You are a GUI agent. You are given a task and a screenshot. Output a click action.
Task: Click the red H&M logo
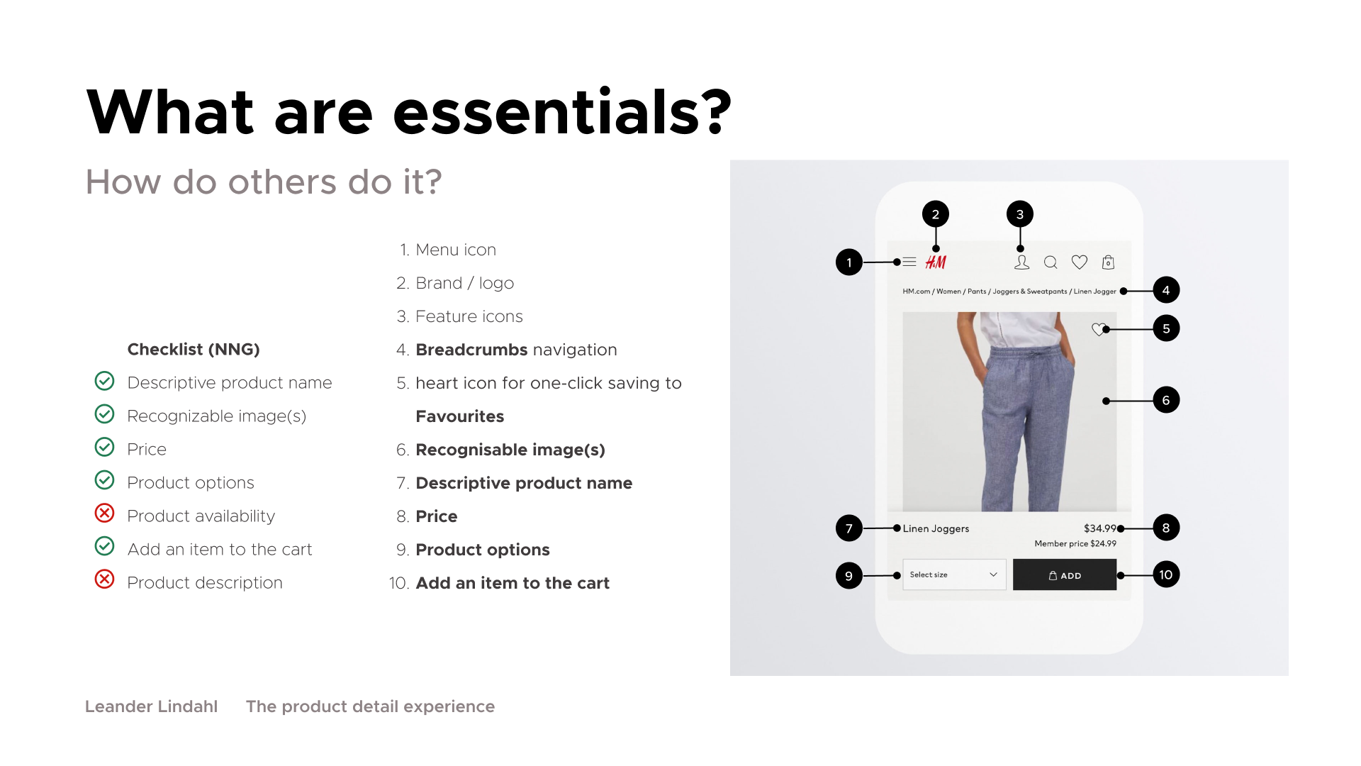pos(936,262)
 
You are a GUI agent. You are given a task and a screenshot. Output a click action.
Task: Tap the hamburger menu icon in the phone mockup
pos(909,262)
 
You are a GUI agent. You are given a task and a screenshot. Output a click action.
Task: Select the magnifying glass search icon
pos(1051,262)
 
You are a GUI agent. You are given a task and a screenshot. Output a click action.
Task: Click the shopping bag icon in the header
pos(1108,262)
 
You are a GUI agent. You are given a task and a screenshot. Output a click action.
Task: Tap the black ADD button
pos(1065,574)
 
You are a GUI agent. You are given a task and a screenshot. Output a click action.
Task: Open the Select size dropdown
pos(954,574)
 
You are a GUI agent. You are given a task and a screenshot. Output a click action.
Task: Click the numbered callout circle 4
pos(1166,290)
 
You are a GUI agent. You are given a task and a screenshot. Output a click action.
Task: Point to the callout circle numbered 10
pos(1166,574)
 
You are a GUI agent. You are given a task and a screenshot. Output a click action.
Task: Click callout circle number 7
pos(849,528)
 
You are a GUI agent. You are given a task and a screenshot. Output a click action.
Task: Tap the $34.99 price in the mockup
pos(1099,528)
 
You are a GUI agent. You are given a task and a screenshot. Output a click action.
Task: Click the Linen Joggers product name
pos(936,528)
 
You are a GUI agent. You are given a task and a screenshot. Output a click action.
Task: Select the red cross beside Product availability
pos(104,513)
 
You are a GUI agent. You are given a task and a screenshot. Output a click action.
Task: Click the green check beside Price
pos(104,446)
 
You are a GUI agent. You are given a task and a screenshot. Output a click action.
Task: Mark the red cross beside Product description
pos(104,579)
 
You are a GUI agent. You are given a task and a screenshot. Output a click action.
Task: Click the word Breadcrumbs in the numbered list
pos(471,350)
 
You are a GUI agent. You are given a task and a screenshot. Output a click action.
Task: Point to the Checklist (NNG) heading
pos(194,350)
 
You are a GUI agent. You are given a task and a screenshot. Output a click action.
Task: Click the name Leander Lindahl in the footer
pos(151,706)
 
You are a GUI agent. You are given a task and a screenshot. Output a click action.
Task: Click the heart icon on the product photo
pos(1099,329)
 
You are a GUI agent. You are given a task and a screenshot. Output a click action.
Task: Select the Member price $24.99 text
pos(1075,544)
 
